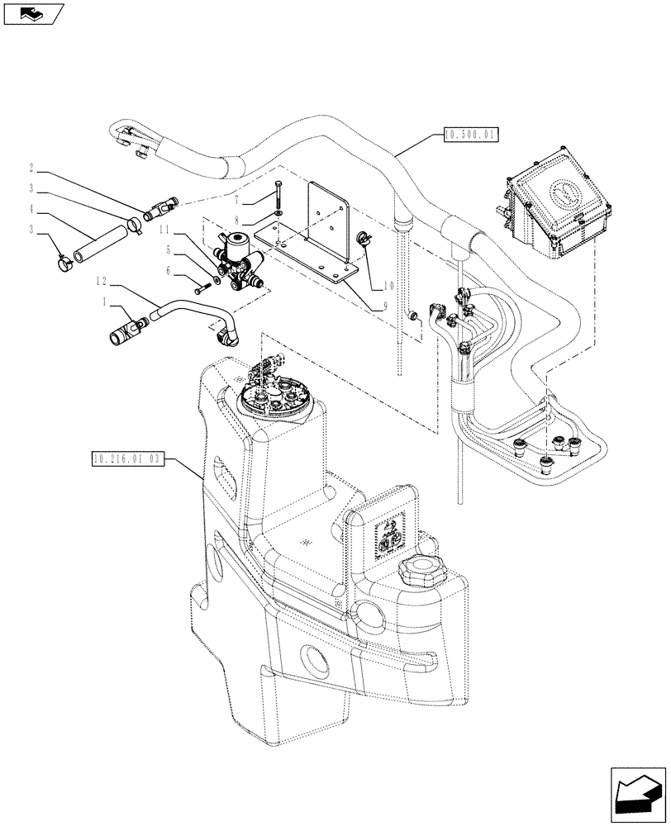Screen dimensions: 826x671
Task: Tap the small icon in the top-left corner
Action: click(x=33, y=14)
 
